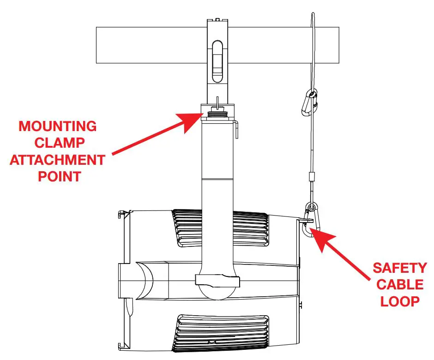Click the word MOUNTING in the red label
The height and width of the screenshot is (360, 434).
pyautogui.click(x=58, y=126)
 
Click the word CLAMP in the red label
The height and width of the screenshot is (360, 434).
pyautogui.click(x=58, y=143)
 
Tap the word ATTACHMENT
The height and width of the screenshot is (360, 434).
pyautogui.click(x=58, y=160)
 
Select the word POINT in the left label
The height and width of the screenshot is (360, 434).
pyautogui.click(x=58, y=176)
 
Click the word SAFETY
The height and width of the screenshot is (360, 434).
pyautogui.click(x=400, y=268)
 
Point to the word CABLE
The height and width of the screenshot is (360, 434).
pyautogui.click(x=400, y=284)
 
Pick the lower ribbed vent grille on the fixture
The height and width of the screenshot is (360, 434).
pyautogui.click(x=221, y=333)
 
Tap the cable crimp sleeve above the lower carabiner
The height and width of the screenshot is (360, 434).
pyautogui.click(x=312, y=177)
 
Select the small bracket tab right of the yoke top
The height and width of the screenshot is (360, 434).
pyautogui.click(x=236, y=129)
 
